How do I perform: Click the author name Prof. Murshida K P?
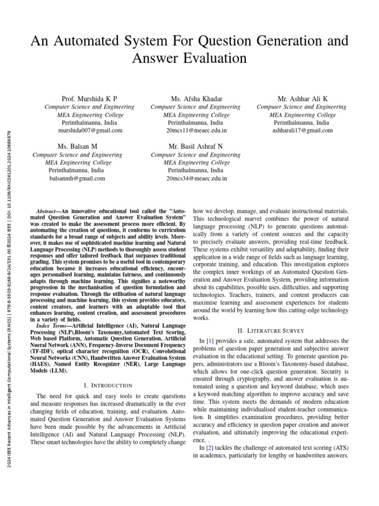click(89, 99)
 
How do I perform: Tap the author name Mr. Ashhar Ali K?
click(302, 99)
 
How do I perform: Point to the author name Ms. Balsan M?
click(77, 147)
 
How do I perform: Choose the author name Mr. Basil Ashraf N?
click(196, 147)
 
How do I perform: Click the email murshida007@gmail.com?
click(89, 131)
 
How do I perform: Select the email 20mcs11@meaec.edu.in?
click(196, 131)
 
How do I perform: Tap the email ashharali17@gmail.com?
click(303, 131)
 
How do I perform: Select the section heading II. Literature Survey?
click(271, 331)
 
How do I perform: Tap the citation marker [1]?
click(210, 341)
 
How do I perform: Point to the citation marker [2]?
click(210, 448)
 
